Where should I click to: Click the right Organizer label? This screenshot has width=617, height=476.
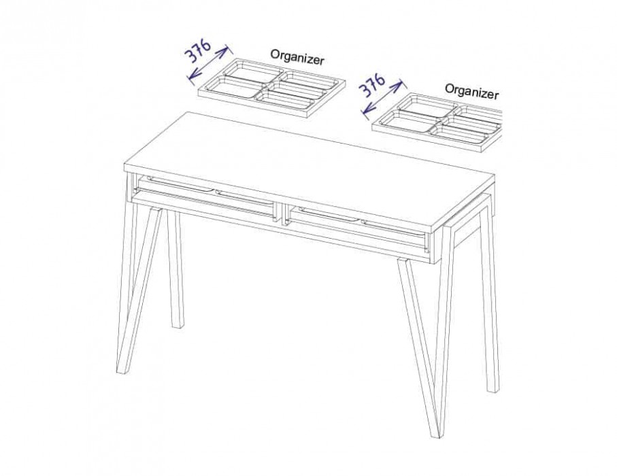(x=472, y=92)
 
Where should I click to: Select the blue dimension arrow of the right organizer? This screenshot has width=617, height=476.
(x=382, y=99)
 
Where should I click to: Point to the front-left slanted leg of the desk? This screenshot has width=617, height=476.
(x=139, y=289)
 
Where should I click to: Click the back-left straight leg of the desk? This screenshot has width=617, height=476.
(x=176, y=267)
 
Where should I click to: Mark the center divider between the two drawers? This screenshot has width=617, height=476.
(x=282, y=214)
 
